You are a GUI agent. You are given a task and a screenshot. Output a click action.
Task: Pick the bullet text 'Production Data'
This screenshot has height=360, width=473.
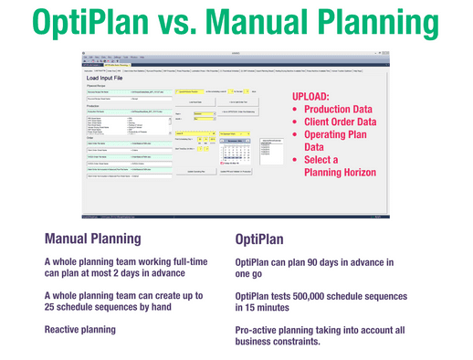[350, 109]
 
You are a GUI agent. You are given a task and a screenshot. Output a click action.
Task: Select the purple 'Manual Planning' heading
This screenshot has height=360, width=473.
[93, 240]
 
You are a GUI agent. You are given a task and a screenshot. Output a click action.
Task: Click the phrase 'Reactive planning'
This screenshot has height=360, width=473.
[83, 329]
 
